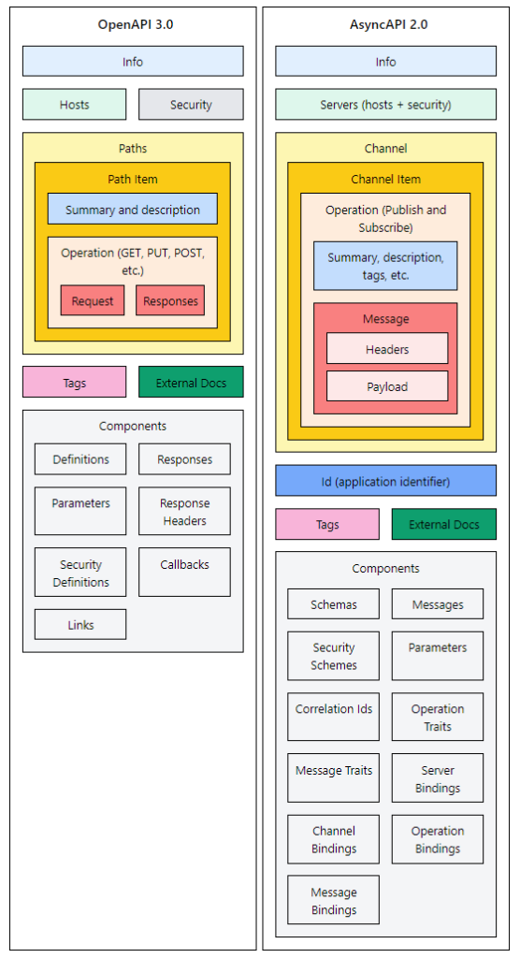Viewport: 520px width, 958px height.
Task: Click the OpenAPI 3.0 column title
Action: click(133, 25)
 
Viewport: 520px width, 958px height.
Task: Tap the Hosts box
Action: click(74, 105)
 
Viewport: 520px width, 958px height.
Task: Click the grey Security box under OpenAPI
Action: click(191, 105)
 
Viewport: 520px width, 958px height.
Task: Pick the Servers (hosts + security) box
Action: click(385, 105)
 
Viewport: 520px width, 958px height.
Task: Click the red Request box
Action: click(93, 300)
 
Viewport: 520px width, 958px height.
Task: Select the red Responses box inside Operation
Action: click(170, 300)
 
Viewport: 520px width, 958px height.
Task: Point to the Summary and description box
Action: click(133, 210)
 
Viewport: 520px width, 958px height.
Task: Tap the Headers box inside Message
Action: click(386, 349)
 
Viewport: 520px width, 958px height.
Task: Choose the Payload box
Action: click(386, 386)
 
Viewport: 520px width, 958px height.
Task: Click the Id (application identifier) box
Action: click(385, 481)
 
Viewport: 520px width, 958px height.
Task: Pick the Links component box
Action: click(80, 624)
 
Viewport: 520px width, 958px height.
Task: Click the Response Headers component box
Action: click(184, 512)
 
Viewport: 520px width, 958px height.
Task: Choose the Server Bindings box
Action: click(438, 778)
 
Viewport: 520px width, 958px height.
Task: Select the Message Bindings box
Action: click(334, 900)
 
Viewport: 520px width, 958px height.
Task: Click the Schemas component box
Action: click(334, 604)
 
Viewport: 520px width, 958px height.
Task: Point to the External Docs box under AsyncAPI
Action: click(443, 524)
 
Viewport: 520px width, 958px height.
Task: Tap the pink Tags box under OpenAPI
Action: click(74, 383)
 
